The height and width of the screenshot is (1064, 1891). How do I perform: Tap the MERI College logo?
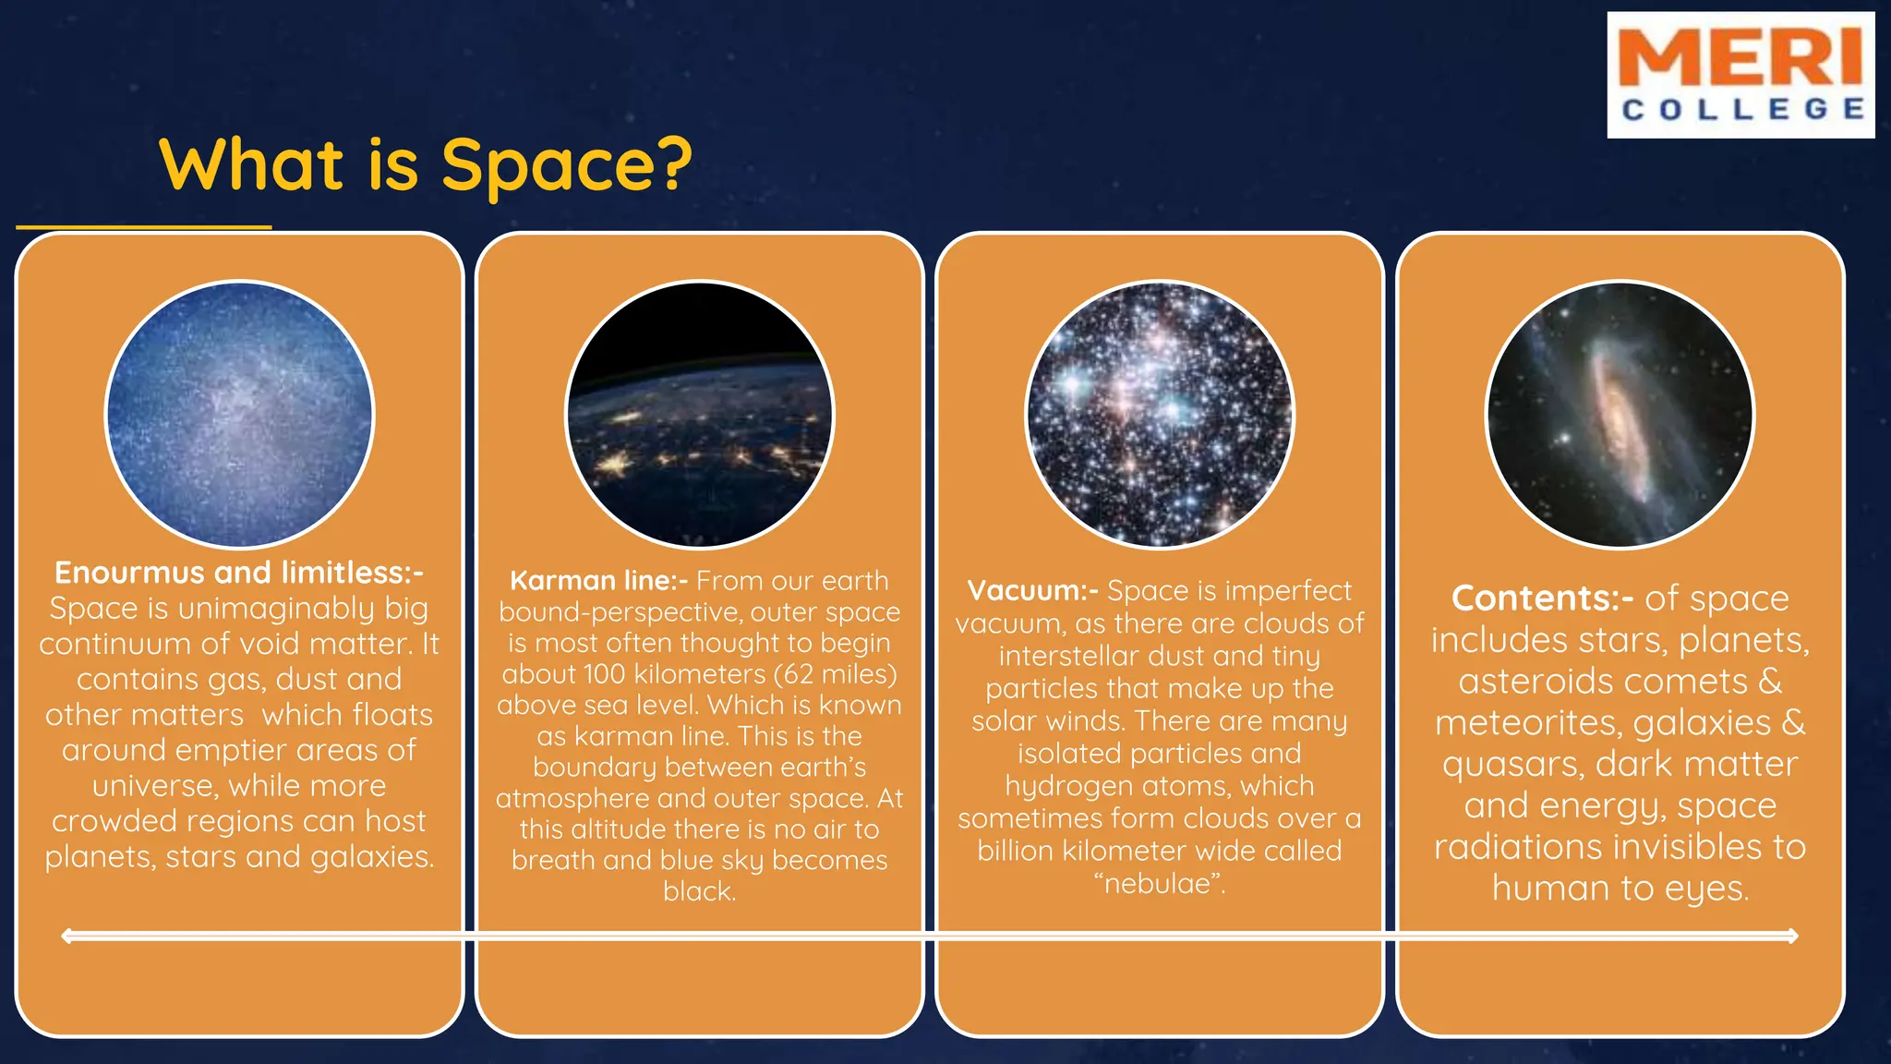tap(1740, 76)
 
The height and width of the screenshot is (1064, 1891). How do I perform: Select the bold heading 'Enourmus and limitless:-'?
tap(239, 573)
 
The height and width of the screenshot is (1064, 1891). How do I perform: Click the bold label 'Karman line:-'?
tap(598, 581)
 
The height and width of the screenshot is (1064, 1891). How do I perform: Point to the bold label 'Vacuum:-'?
tap(1032, 591)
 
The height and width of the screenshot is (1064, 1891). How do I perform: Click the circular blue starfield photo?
tap(239, 415)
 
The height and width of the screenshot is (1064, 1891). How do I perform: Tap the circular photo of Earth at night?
tap(699, 415)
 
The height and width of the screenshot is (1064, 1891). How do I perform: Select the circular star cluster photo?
tap(1160, 415)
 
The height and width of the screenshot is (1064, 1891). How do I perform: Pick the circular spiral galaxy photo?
tap(1620, 415)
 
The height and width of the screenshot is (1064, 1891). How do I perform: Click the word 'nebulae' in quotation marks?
tap(1159, 884)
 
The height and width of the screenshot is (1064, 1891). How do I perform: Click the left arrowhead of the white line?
tap(67, 937)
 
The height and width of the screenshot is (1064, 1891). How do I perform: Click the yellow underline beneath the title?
tap(144, 226)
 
